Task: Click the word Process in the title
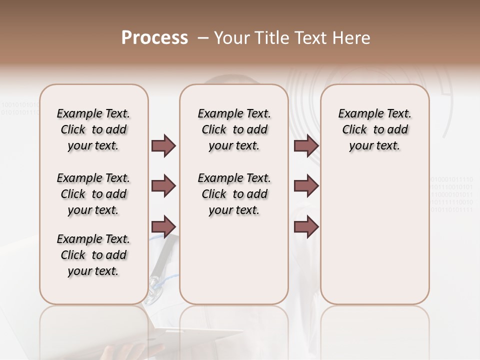[154, 38]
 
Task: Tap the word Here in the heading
[350, 38]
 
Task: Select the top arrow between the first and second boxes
[163, 145]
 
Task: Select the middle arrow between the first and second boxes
[163, 186]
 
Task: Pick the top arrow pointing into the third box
[306, 145]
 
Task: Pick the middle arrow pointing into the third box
[306, 186]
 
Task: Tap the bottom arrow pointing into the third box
[306, 227]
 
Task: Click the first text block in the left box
[93, 129]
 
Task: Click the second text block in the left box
[93, 194]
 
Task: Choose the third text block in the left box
[93, 255]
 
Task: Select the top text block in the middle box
[234, 129]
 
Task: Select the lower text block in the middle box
[234, 194]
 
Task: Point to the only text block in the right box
[374, 129]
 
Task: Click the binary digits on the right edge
[451, 194]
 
